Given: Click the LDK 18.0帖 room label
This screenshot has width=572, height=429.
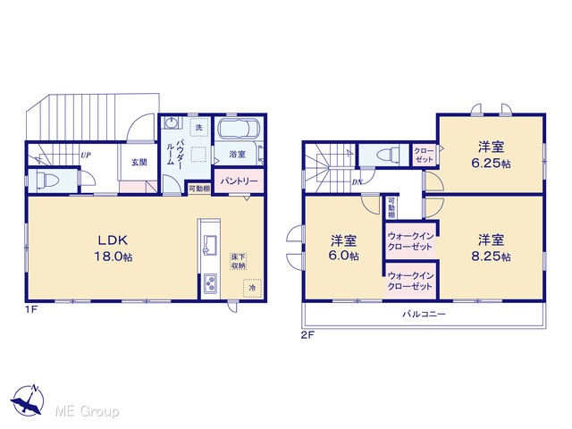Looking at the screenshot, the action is (114, 248).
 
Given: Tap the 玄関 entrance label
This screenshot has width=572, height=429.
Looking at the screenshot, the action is (139, 163).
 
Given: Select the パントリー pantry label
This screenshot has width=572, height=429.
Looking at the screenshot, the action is (239, 181).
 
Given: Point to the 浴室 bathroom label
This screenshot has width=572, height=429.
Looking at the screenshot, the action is (238, 155).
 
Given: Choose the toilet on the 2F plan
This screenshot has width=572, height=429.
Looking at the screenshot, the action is (386, 154).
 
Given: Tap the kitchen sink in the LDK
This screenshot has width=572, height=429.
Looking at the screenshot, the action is (210, 245).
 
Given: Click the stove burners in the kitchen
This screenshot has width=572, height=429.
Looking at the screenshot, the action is (211, 284).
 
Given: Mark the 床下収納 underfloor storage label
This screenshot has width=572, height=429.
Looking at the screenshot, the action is (239, 261).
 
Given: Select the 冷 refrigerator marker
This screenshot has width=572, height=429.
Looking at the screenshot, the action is (252, 288).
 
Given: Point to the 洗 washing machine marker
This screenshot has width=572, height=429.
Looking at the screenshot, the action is (198, 128).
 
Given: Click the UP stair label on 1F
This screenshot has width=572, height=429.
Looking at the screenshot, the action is (86, 155).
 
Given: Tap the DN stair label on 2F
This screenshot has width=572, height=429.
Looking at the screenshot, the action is (357, 182).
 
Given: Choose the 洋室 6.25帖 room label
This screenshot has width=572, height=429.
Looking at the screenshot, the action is (491, 155).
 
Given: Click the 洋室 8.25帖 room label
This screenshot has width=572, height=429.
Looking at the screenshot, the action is (491, 248).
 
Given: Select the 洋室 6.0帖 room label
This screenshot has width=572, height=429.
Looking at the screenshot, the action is (343, 248).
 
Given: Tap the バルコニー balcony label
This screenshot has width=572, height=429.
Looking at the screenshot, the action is (424, 314).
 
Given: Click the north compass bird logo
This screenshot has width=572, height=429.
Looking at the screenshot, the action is (28, 400).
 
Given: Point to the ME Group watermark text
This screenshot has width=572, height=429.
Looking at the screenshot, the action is (87, 411).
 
